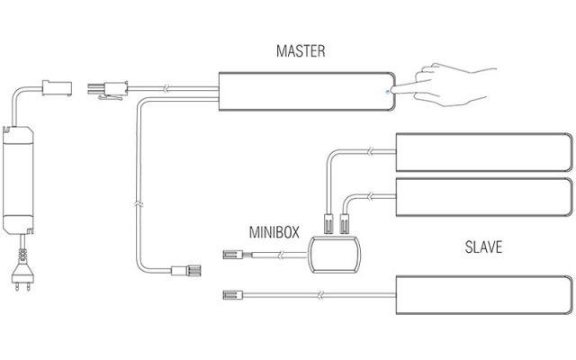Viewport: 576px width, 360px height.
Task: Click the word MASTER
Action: click(300, 52)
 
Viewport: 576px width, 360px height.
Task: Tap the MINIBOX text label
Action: click(274, 231)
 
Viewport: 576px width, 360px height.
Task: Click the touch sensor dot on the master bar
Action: click(387, 90)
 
